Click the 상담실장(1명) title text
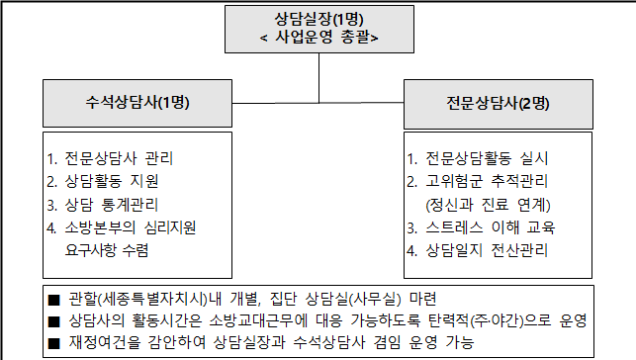[318, 18]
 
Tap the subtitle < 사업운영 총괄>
[318, 38]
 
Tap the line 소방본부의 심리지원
[124, 227]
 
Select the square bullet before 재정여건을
[54, 343]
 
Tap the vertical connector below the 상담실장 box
[318, 76]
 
